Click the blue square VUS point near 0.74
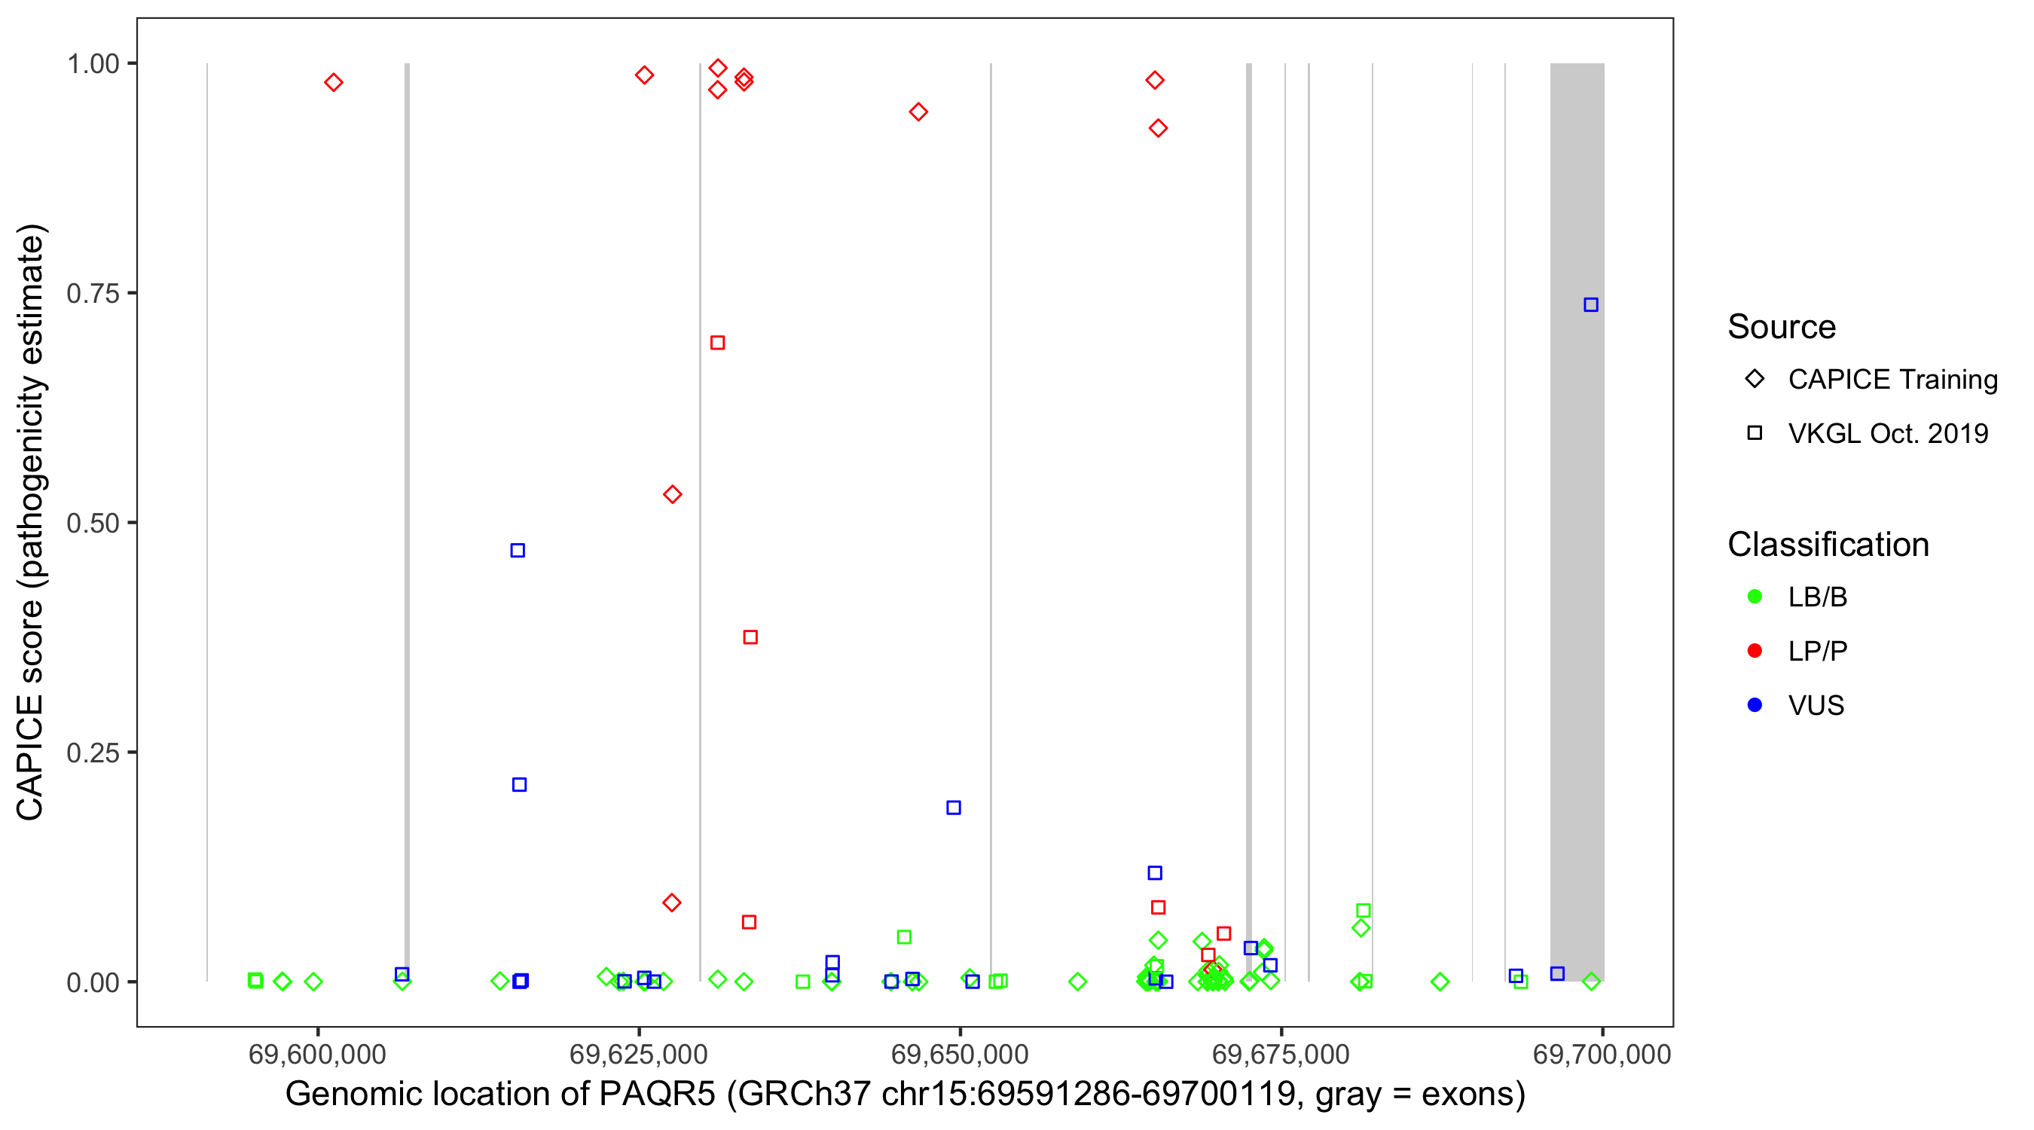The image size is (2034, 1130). [1590, 305]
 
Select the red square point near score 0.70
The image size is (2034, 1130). [717, 343]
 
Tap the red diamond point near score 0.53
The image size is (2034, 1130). [672, 494]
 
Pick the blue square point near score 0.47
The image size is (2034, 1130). [518, 551]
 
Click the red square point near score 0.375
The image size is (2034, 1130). [750, 637]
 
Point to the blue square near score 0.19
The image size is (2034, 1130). [953, 808]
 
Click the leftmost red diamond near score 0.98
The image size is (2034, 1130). [333, 82]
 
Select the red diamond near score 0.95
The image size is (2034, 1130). [918, 112]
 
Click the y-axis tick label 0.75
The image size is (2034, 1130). [93, 294]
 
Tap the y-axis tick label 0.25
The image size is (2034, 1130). [93, 753]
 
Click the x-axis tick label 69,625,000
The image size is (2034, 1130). [638, 1054]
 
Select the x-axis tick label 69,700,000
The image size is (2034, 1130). [1602, 1054]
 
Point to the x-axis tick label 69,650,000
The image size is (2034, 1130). [959, 1054]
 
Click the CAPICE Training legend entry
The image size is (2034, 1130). [1892, 380]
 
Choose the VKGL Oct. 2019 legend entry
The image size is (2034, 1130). [1887, 433]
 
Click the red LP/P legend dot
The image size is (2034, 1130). [1755, 651]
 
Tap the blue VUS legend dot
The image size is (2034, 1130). [1755, 705]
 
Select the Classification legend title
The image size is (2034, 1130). [1828, 545]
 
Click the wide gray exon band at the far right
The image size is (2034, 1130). [1576, 521]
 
